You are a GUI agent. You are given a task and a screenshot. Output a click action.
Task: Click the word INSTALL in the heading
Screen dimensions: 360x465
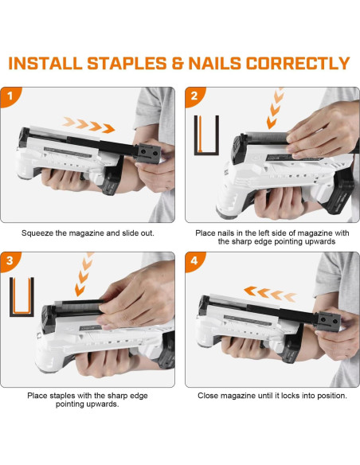(45, 63)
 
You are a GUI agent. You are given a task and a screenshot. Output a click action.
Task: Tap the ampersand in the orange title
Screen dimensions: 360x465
(178, 63)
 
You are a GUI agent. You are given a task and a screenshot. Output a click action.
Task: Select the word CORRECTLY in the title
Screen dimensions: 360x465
(298, 63)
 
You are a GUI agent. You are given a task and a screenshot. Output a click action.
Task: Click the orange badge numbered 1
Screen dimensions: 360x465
(10, 96)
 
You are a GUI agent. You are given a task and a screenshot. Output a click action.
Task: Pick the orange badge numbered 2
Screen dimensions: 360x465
(194, 96)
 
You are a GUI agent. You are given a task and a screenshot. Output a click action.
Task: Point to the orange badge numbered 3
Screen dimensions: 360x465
(10, 261)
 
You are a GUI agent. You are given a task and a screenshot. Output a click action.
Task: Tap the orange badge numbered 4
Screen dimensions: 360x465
(194, 261)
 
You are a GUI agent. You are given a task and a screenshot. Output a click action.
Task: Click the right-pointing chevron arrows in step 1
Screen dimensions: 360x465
(89, 125)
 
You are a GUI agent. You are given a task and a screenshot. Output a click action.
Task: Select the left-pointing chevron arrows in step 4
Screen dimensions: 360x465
(270, 294)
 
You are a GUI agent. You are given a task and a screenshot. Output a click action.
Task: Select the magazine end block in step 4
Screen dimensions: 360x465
(328, 321)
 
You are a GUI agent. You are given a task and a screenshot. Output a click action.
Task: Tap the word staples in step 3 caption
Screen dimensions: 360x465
(62, 396)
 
